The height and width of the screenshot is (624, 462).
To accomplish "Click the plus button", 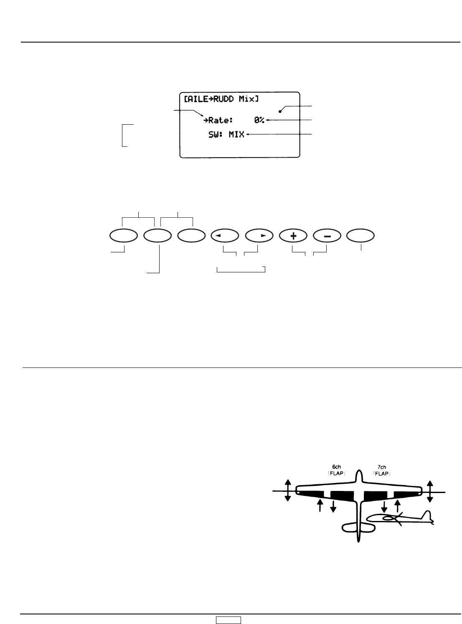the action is [x=293, y=236].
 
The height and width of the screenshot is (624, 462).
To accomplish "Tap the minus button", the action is [x=327, y=236].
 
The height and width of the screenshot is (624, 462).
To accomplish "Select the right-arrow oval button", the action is [x=259, y=236].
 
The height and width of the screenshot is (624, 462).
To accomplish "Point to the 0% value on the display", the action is [x=259, y=121].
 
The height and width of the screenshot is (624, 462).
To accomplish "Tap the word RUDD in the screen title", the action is [x=223, y=99].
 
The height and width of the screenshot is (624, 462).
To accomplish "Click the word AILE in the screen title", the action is [x=196, y=99].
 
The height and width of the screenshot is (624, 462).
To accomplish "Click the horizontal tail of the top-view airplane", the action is [x=358, y=528].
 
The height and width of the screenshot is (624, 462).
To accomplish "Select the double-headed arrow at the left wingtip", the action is [x=287, y=491].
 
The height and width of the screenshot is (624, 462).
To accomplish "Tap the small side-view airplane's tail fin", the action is [x=427, y=515].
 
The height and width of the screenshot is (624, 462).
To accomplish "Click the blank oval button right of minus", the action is [x=361, y=236].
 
